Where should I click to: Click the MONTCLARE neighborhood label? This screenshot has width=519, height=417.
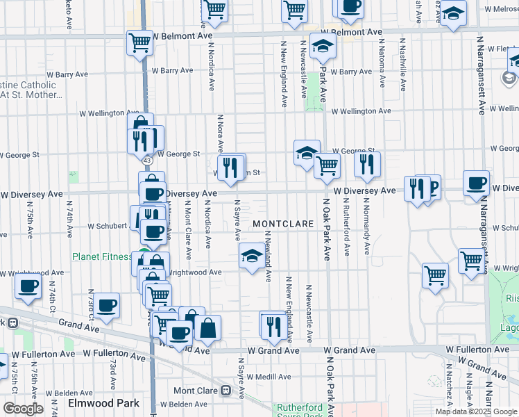[280, 224]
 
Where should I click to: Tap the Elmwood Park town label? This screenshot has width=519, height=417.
[103, 403]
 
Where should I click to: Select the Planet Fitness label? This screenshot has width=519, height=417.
[102, 256]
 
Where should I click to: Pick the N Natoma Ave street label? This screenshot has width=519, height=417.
[382, 63]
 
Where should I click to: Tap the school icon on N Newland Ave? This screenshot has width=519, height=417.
[251, 256]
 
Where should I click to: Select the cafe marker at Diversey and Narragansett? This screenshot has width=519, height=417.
[476, 183]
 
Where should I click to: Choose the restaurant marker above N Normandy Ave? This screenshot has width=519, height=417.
[367, 164]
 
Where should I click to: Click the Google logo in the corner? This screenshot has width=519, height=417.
[23, 409]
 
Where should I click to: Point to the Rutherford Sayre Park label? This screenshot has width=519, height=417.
[300, 411]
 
